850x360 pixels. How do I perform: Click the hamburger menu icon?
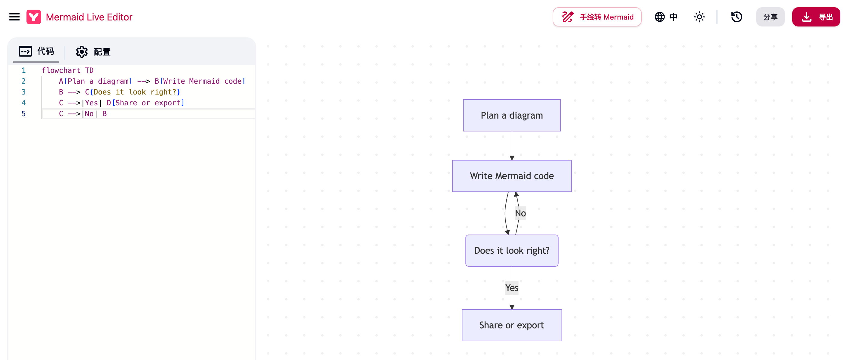pyautogui.click(x=14, y=17)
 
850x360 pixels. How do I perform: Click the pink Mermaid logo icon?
pyautogui.click(x=34, y=17)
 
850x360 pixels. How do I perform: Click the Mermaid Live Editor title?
pyautogui.click(x=89, y=17)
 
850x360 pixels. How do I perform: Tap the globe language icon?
pyautogui.click(x=659, y=17)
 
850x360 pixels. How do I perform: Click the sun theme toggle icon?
pyautogui.click(x=699, y=17)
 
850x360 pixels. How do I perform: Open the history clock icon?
pyautogui.click(x=737, y=17)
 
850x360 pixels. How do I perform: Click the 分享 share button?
pyautogui.click(x=770, y=17)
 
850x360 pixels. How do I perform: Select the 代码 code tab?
pyautogui.click(x=36, y=51)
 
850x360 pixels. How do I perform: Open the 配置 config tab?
pyautogui.click(x=93, y=52)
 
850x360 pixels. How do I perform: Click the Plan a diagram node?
pyautogui.click(x=512, y=116)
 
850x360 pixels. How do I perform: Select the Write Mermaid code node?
pyautogui.click(x=512, y=176)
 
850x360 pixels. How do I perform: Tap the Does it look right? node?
pyautogui.click(x=512, y=250)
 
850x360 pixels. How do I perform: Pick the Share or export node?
pyautogui.click(x=512, y=325)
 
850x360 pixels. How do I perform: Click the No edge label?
pyautogui.click(x=520, y=213)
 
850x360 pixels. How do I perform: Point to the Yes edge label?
pyautogui.click(x=512, y=288)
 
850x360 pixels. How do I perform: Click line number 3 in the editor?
pyautogui.click(x=23, y=92)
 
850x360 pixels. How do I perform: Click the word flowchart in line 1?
pyautogui.click(x=61, y=70)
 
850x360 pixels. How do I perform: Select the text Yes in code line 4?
pyautogui.click(x=92, y=103)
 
